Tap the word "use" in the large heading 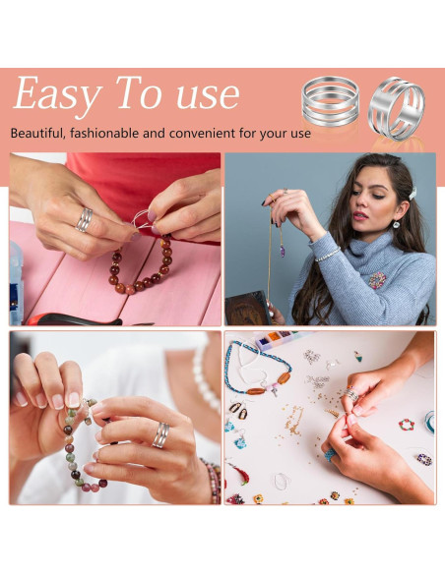coord(202,95)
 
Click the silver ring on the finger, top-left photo coord(86,218)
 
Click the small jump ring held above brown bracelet coord(143,221)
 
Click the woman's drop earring coord(396,222)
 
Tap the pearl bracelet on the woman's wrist coord(328,254)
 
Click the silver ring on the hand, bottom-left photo coord(160,434)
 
